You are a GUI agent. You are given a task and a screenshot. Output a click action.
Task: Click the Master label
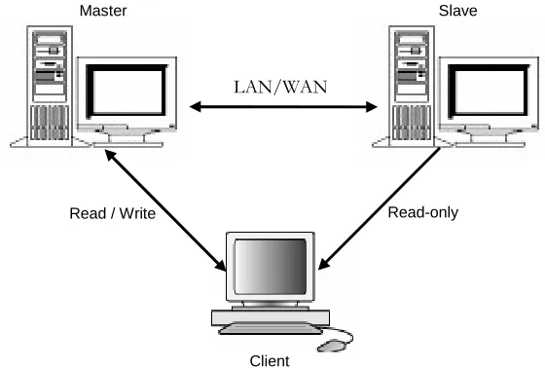coord(103,11)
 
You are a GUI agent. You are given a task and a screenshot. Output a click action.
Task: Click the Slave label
coord(457,11)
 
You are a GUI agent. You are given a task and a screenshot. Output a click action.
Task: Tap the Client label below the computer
coord(270,361)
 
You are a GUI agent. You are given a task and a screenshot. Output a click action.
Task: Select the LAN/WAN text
coord(280,88)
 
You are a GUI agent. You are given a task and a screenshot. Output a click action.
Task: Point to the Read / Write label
coord(112,213)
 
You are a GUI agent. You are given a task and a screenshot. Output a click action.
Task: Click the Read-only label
coord(423,212)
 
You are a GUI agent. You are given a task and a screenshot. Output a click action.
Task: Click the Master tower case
coord(50,86)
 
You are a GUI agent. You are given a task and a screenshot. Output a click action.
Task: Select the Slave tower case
coord(412,86)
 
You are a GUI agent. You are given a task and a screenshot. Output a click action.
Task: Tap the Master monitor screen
coord(127,92)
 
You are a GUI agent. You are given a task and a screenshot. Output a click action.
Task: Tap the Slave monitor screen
coord(490,92)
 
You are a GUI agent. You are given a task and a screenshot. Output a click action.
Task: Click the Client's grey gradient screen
coord(271,267)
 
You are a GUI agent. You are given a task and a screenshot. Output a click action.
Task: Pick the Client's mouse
coord(332,346)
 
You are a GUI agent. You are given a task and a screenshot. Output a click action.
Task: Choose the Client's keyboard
coord(271,329)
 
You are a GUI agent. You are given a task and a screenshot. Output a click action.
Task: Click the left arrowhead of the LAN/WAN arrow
coord(196,107)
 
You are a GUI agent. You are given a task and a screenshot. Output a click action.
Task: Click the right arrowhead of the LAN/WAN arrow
coord(371,107)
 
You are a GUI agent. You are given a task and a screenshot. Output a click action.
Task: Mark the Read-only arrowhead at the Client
coord(324,263)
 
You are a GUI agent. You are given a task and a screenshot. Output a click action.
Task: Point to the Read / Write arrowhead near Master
coord(111,155)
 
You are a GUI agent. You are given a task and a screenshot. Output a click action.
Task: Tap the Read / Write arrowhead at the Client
coord(220,265)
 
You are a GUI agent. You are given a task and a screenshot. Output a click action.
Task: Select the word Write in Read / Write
coord(137,213)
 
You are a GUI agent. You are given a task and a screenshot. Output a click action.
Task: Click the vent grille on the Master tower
coord(50,123)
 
